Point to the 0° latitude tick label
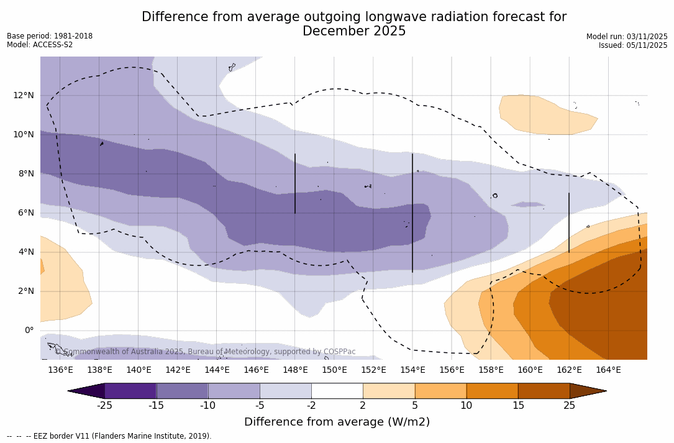[29, 331]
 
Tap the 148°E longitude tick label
[295, 370]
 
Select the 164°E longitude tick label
[608, 370]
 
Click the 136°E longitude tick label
[60, 370]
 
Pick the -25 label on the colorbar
[104, 406]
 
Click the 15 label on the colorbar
[518, 406]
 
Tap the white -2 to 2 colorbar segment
[337, 391]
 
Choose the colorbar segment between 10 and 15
[492, 391]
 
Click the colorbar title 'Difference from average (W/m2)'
[337, 422]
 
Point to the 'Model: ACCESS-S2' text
[40, 45]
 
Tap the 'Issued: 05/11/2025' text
[633, 45]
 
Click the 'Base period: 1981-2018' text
[50, 36]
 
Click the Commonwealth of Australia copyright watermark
[205, 352]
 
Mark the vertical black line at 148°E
[295, 183]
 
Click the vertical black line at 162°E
[569, 222]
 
